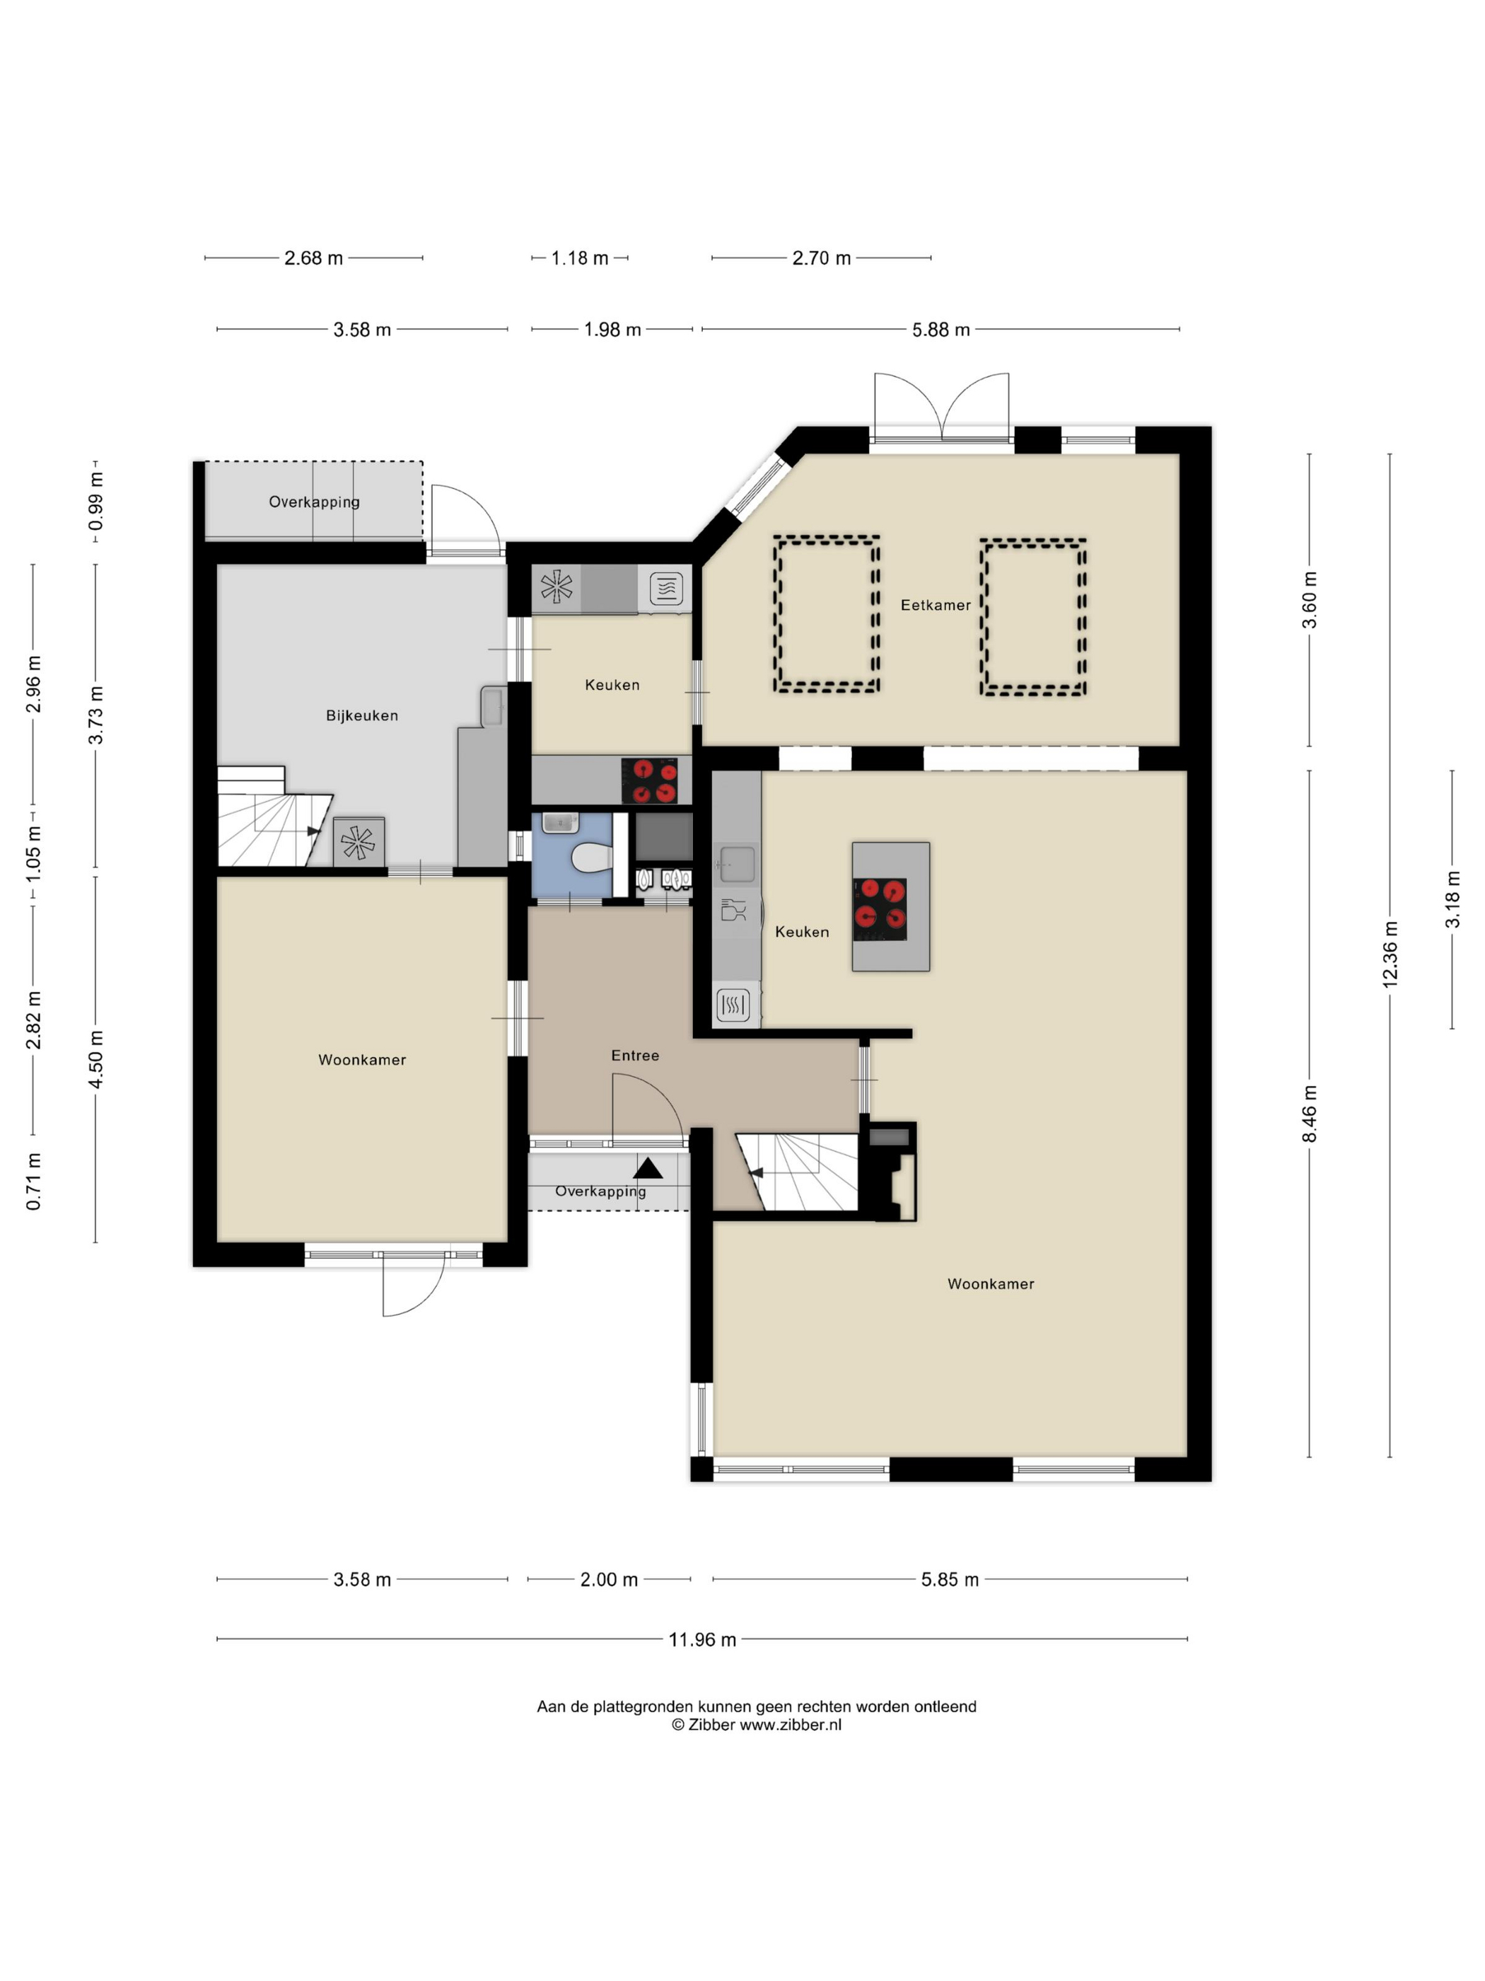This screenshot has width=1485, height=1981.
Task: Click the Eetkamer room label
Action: pos(936,606)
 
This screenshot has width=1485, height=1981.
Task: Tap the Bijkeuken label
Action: pos(361,715)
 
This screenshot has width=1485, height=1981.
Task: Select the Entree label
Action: pos(634,1056)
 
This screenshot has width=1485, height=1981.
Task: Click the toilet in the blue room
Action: pos(590,858)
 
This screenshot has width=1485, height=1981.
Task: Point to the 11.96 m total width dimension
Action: pos(701,1640)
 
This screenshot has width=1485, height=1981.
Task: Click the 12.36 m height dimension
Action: pos(1390,954)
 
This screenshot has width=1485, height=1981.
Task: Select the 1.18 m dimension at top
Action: pos(579,258)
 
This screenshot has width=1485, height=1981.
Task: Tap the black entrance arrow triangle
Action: pos(648,1168)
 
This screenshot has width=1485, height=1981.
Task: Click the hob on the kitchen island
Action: pos(880,908)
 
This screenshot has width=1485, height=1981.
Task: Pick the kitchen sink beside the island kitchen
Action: pos(737,865)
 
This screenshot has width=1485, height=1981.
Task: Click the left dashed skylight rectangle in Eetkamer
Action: pos(826,614)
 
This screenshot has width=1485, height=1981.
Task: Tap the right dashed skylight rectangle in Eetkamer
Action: pos(1033,617)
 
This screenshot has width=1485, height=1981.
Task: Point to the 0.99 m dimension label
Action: pos(95,502)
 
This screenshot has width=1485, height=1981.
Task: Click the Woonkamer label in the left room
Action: pos(361,1061)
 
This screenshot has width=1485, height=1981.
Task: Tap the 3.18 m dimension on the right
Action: pos(1452,899)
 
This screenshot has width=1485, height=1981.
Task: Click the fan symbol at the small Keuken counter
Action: pos(556,587)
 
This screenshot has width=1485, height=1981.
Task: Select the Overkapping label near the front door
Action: pos(600,1191)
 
